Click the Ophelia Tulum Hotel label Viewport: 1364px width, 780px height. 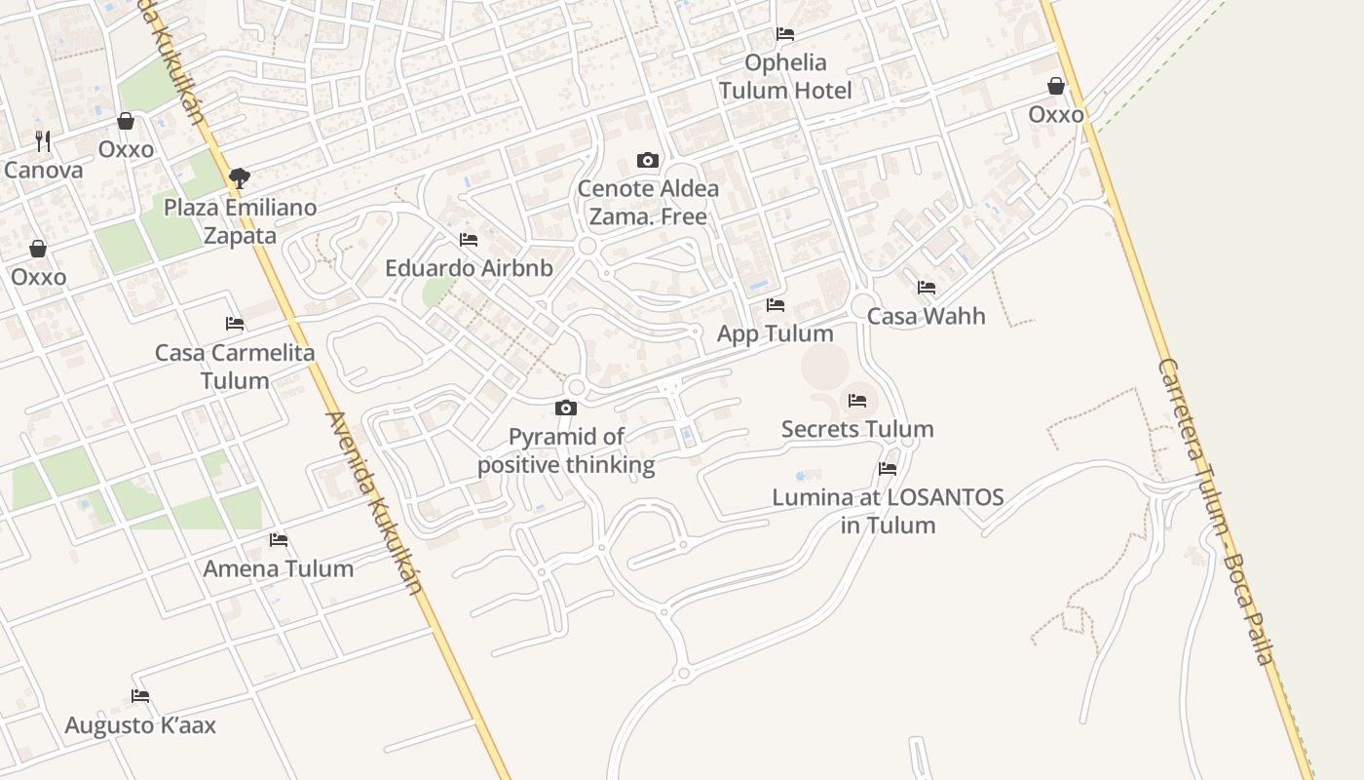click(x=785, y=76)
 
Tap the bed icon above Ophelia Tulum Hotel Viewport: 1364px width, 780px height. click(x=785, y=34)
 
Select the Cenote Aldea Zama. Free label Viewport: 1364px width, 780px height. click(x=648, y=202)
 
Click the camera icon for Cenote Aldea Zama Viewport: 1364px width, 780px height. click(x=648, y=160)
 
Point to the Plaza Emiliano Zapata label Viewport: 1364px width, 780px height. click(x=240, y=221)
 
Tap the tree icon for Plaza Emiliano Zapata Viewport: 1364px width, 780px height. click(x=240, y=177)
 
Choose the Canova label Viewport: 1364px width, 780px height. click(x=44, y=170)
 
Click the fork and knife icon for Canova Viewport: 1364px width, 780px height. click(x=43, y=141)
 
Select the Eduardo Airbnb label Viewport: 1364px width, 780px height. click(x=469, y=268)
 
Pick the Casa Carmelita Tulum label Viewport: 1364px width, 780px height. click(x=235, y=366)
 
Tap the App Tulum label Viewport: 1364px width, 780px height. click(x=776, y=333)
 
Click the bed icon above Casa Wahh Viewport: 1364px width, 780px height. click(x=927, y=288)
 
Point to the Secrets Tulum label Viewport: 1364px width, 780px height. click(x=857, y=429)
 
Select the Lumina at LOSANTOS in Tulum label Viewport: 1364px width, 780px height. click(x=888, y=511)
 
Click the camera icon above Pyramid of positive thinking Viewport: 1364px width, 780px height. click(x=566, y=408)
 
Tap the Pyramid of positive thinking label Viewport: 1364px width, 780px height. click(x=566, y=450)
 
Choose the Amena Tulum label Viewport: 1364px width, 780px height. click(x=279, y=568)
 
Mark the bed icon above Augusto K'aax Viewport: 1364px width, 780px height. click(x=140, y=696)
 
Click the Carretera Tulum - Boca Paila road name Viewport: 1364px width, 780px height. click(x=1215, y=512)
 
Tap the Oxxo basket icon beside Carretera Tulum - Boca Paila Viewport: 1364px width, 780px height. click(x=1056, y=87)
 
